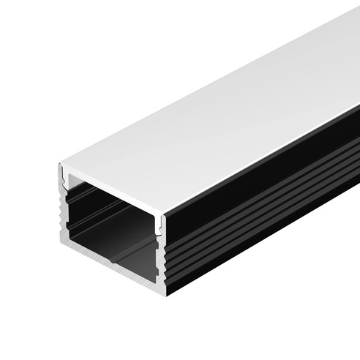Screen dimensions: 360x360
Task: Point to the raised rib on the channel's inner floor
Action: click(124, 256)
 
